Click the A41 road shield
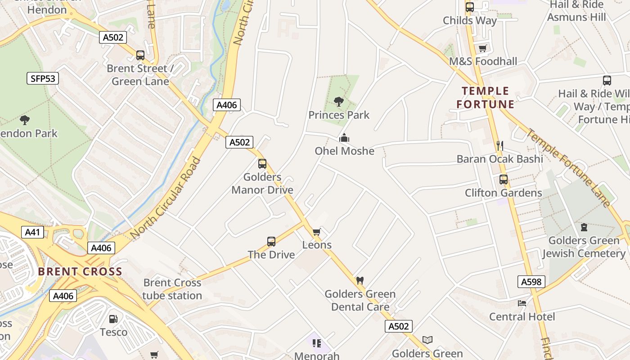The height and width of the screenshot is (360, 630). coord(32,232)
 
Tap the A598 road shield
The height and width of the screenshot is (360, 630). coord(531,282)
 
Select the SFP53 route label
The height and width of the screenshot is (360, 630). coord(43,79)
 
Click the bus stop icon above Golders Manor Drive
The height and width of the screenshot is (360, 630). coord(262,164)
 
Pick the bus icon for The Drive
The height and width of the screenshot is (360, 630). coord(271,242)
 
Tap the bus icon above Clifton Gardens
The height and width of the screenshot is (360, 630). coord(503,180)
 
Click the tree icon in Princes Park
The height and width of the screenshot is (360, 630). coord(339,102)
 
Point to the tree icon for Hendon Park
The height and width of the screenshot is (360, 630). coord(25,120)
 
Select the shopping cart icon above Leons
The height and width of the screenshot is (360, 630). coord(317,232)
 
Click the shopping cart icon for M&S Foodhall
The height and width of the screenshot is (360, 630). coord(483,48)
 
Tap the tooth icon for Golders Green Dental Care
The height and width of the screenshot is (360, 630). coord(360,281)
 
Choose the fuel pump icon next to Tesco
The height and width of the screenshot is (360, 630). coord(113,319)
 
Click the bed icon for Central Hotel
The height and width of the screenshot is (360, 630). coord(522,303)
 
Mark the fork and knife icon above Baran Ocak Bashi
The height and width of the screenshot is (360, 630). coord(499,145)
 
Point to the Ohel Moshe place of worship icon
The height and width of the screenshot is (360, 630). coord(344,138)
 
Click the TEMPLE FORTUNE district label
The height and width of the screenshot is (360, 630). coord(485,98)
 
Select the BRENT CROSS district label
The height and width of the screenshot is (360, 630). coord(80,272)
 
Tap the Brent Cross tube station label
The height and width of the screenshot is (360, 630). coord(172,289)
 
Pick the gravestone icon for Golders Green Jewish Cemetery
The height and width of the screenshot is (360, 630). coord(584,227)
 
